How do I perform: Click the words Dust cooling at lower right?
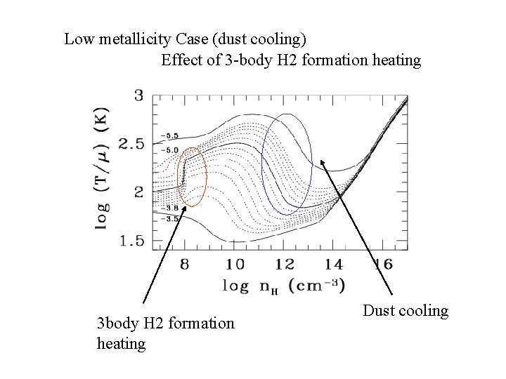406,310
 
